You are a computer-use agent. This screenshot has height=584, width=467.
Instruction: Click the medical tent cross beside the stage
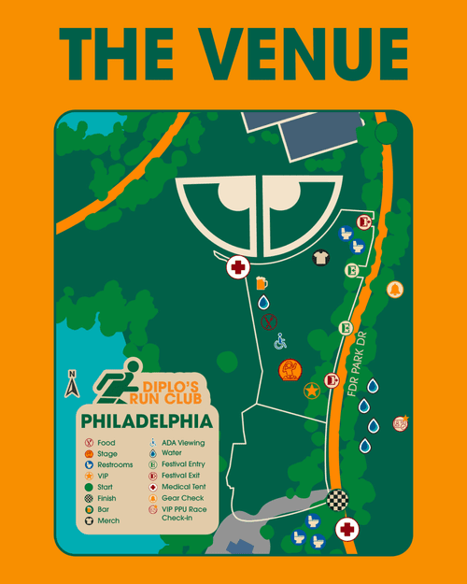238,268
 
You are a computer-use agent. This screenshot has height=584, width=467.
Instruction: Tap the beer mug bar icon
262,282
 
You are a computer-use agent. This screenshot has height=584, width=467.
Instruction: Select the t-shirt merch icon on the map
320,258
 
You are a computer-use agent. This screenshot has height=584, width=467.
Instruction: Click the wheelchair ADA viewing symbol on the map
280,342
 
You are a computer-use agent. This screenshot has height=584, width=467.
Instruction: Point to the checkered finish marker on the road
337,501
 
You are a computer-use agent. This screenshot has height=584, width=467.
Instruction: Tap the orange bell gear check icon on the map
395,289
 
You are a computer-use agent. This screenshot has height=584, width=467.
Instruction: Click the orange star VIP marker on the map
311,391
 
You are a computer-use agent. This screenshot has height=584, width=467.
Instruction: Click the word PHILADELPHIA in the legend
146,421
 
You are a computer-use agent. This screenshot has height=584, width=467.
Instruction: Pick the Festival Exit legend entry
178,476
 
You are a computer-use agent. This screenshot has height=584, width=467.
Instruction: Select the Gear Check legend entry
178,498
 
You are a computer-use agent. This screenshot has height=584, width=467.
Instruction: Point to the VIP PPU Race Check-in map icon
400,423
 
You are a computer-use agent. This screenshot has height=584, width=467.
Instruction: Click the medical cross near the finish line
347,530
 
